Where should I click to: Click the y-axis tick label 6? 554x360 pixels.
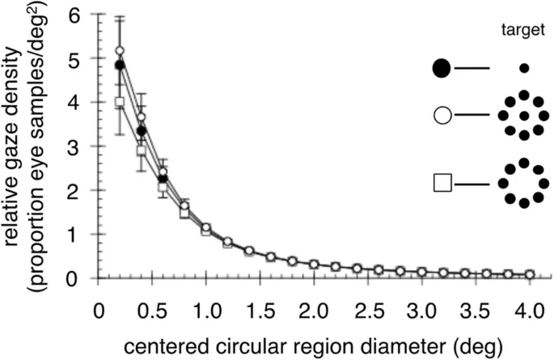coord(75,15)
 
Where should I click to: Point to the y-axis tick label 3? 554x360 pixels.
coord(75,146)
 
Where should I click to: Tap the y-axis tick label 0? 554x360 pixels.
coord(75,278)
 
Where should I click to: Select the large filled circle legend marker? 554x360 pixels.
coord(442,69)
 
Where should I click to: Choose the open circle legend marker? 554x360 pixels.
coord(442,116)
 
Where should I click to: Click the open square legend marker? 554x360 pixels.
coord(442,182)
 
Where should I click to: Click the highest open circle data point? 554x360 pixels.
coord(120,51)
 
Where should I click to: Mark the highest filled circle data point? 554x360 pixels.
coord(120,65)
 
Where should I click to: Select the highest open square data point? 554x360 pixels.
coord(120,103)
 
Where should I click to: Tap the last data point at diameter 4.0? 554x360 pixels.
coord(529,274)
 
